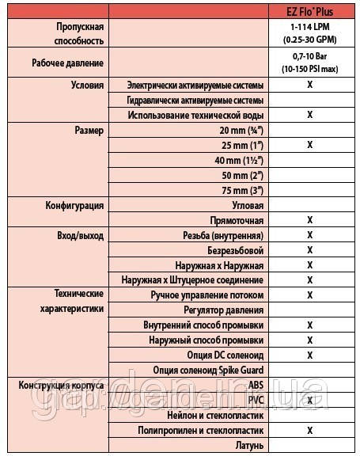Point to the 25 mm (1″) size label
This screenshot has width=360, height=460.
[x=245, y=145]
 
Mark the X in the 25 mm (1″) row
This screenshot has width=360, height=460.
[x=310, y=145]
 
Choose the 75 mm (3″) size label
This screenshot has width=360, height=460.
[x=245, y=190]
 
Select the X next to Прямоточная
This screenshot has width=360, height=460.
[x=310, y=220]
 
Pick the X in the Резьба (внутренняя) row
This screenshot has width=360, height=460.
[x=310, y=235]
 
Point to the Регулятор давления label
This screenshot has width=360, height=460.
[x=222, y=310]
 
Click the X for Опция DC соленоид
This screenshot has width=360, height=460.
[x=310, y=355]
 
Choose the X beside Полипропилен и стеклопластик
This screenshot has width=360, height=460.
[x=310, y=430]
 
